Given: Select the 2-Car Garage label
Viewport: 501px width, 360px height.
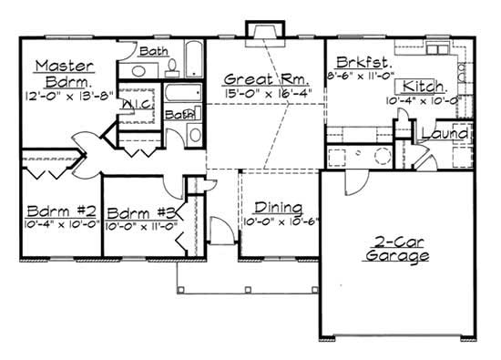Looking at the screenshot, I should coord(394,250).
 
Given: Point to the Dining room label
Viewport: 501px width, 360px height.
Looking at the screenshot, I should coord(272,207).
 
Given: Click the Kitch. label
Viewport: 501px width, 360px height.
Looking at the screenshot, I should coord(425,86).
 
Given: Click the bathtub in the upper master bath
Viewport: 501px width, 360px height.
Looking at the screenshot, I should coord(194,59).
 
